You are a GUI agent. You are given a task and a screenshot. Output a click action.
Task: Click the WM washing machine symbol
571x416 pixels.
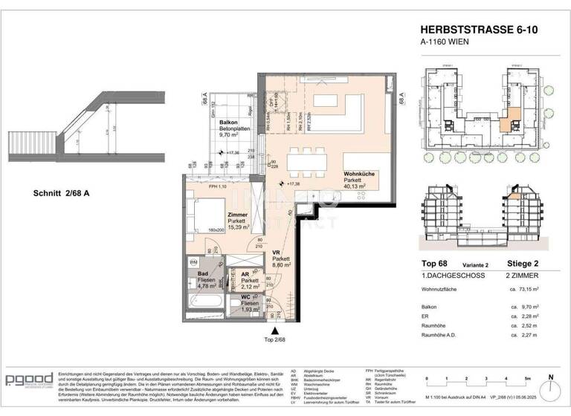pos(193,262)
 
